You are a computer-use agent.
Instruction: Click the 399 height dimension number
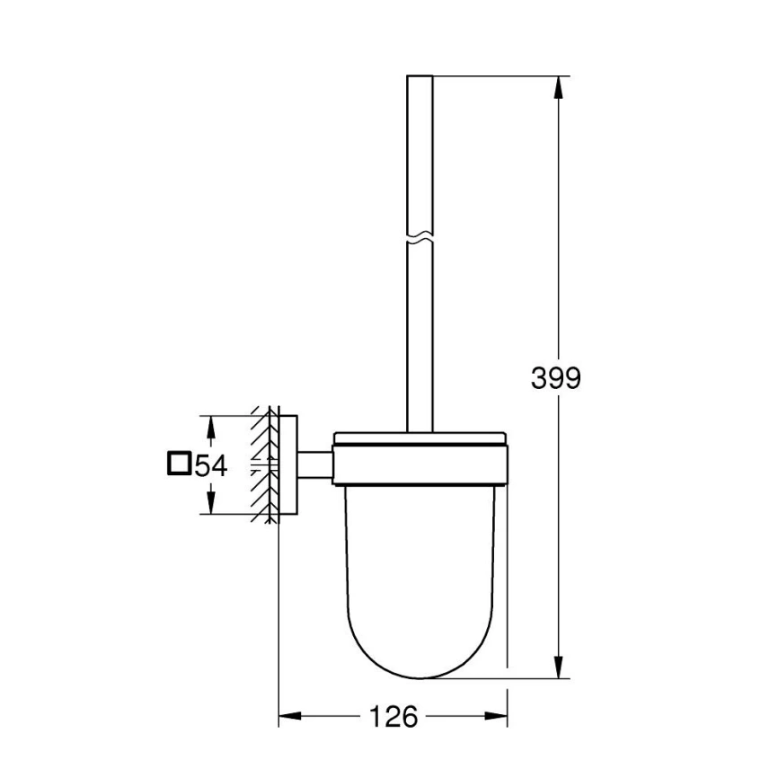(x=555, y=379)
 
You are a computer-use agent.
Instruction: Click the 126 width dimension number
(x=393, y=716)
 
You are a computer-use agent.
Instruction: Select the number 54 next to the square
(x=209, y=465)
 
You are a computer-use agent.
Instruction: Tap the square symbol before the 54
(x=178, y=464)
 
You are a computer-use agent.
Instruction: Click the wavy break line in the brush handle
(x=420, y=240)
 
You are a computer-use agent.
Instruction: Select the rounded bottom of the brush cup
(x=421, y=660)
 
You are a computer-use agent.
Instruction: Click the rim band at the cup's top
(x=421, y=442)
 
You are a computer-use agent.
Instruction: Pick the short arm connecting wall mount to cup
(x=314, y=464)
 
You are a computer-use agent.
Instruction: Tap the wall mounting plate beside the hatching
(x=287, y=464)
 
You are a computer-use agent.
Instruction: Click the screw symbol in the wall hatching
(x=261, y=464)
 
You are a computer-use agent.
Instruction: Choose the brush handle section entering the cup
(x=420, y=395)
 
